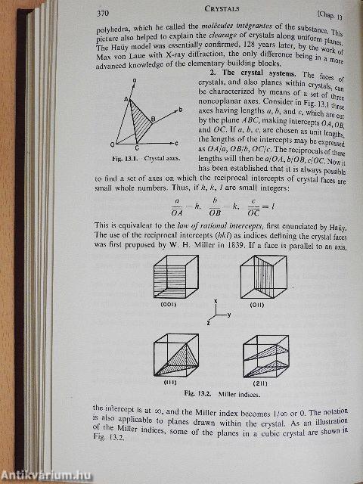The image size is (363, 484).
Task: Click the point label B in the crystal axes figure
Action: (x=154, y=119)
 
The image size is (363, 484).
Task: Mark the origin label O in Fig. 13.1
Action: (x=112, y=144)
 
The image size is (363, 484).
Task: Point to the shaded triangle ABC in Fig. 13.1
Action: (x=138, y=121)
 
